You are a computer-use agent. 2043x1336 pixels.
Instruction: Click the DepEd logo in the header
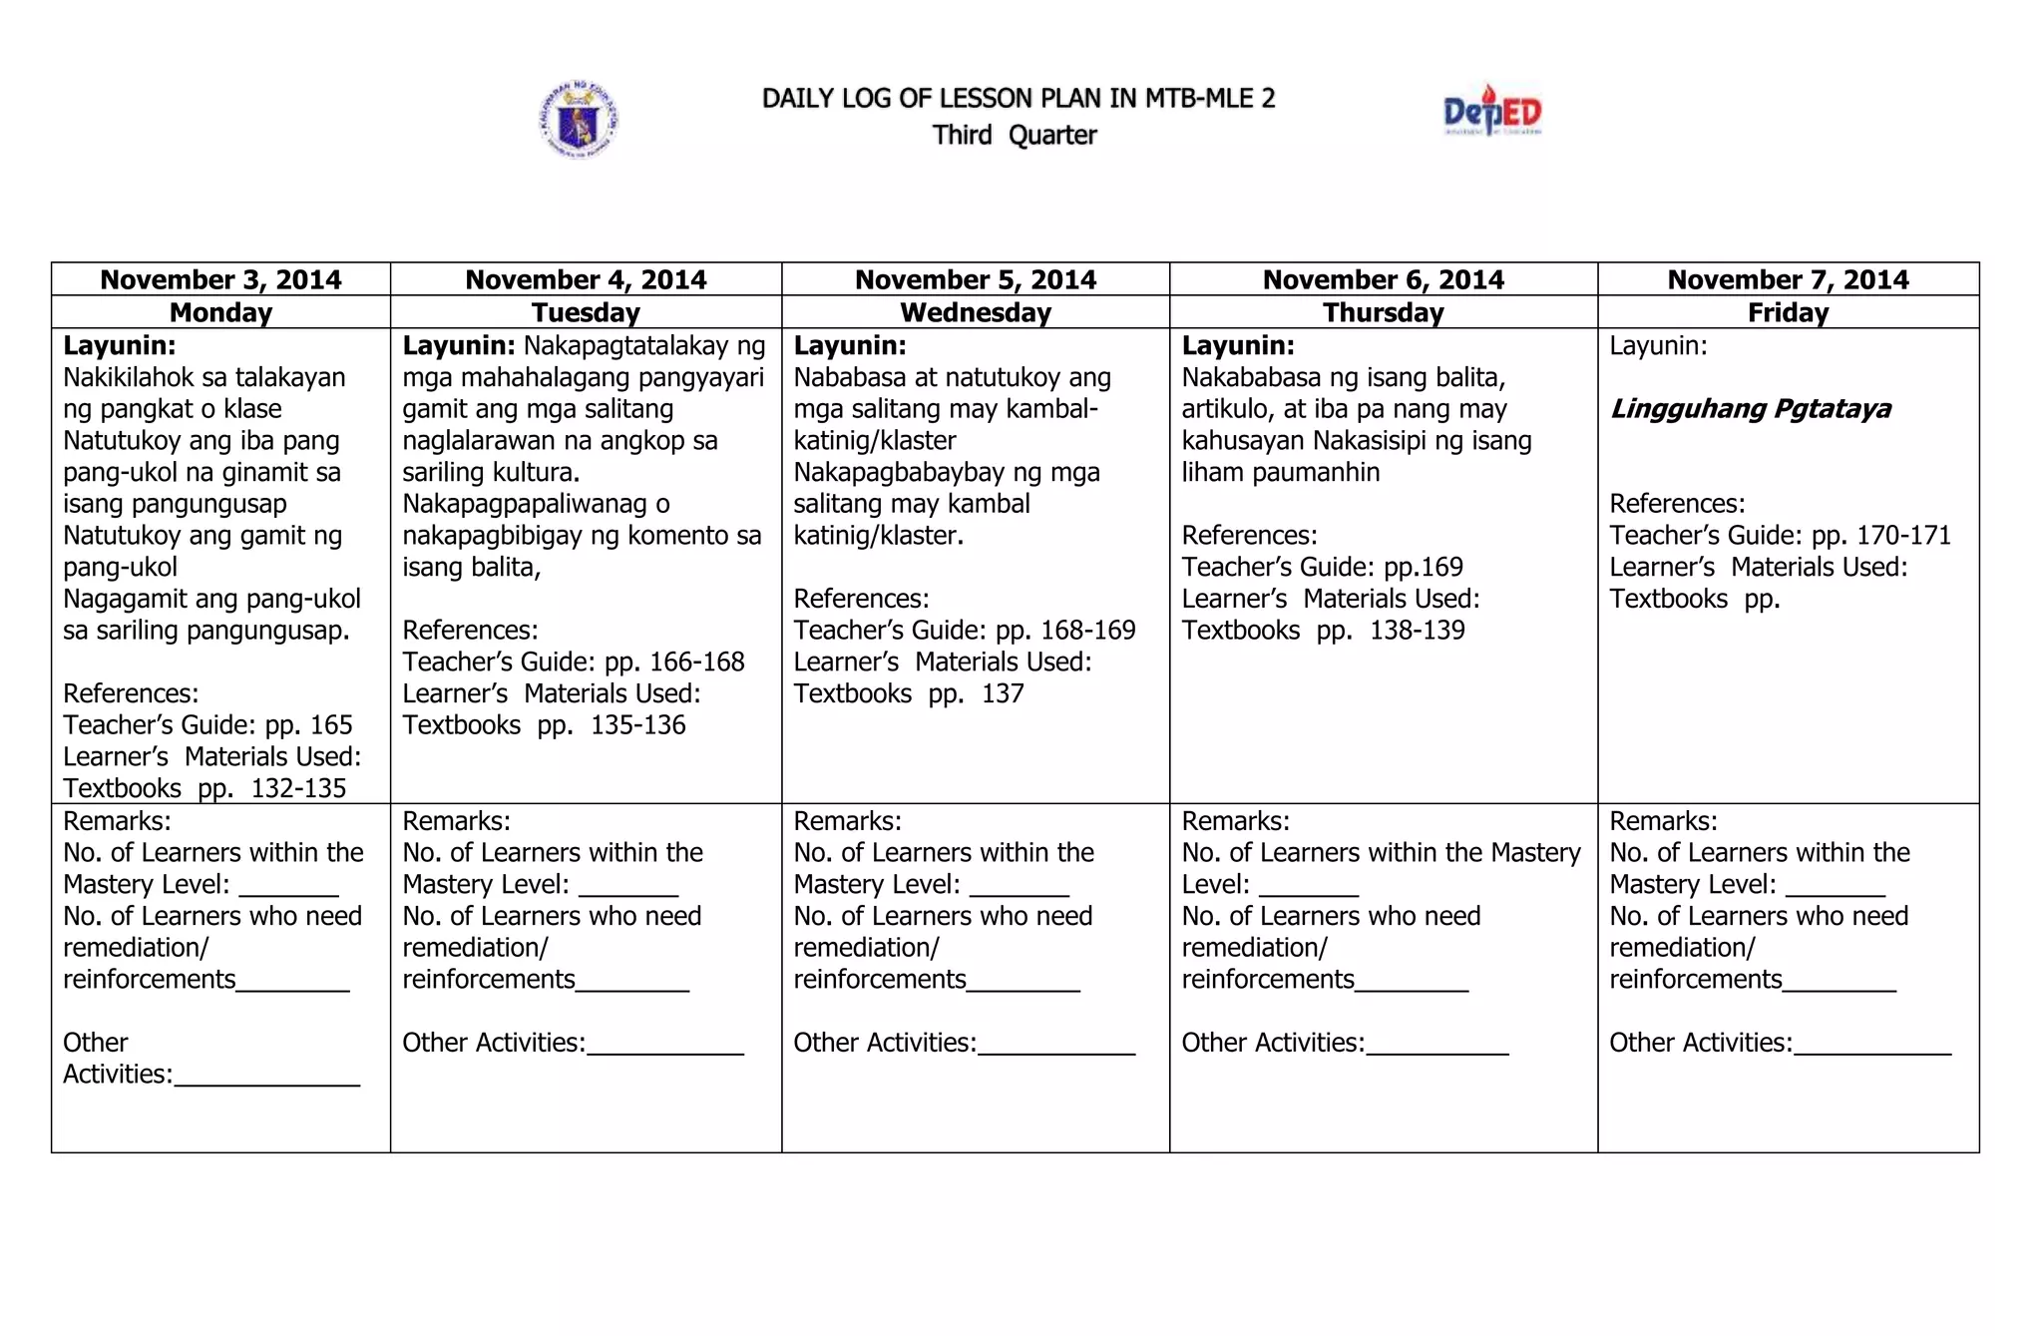tap(1492, 112)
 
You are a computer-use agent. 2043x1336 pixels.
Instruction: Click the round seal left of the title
tap(579, 120)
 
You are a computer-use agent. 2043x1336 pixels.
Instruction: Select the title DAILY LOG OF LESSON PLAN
tap(1018, 98)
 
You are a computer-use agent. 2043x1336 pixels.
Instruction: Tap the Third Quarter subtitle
tap(1015, 135)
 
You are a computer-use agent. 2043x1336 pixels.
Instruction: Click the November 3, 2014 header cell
tap(220, 279)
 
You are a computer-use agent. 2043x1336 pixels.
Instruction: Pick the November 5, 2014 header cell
tap(975, 279)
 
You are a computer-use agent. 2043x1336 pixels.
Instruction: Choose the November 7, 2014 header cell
tap(1788, 279)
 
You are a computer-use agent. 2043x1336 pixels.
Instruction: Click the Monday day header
tap(220, 312)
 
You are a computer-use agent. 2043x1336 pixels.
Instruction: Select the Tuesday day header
tap(586, 312)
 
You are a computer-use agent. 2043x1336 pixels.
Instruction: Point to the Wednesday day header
tap(975, 312)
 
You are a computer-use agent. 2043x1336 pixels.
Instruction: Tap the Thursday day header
tap(1383, 312)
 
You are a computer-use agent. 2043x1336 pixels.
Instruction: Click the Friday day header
tap(1788, 312)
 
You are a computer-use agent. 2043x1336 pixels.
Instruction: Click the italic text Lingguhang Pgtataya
tap(1750, 409)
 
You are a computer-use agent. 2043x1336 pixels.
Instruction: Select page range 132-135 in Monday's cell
tap(298, 788)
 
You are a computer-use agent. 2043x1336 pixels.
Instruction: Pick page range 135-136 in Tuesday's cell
tap(637, 725)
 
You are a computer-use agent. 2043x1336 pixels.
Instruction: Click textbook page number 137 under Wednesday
tap(1003, 693)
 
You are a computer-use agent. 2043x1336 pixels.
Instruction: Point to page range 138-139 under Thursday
tap(1417, 631)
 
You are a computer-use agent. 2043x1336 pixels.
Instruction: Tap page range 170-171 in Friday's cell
tap(1903, 536)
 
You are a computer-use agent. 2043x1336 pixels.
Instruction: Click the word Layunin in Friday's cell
tap(1657, 346)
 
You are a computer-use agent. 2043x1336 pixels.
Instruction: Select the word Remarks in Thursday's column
tap(1235, 821)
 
